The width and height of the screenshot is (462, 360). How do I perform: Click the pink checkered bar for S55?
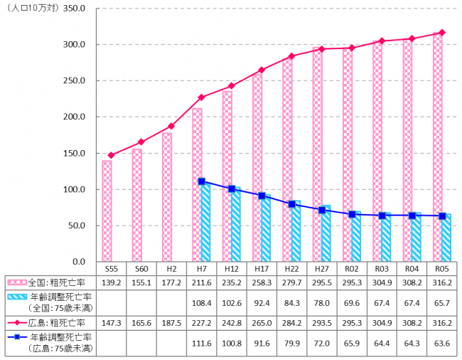pyautogui.click(x=107, y=211)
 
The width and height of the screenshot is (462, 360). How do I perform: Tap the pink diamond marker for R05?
pyautogui.click(x=442, y=33)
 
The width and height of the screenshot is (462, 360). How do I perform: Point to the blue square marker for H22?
pyautogui.click(x=291, y=204)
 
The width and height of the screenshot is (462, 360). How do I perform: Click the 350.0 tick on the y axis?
pyautogui.click(x=73, y=9)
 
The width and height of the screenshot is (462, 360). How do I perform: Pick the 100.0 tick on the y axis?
pyautogui.click(x=73, y=190)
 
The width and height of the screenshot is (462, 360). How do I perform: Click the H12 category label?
pyautogui.click(x=231, y=270)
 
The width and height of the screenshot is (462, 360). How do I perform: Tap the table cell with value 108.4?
pyautogui.click(x=201, y=304)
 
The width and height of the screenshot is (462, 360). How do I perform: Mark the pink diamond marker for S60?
pyautogui.click(x=140, y=142)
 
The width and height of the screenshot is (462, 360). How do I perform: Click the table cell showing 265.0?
pyautogui.click(x=262, y=324)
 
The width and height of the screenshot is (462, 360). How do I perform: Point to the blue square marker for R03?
pyautogui.click(x=382, y=216)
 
